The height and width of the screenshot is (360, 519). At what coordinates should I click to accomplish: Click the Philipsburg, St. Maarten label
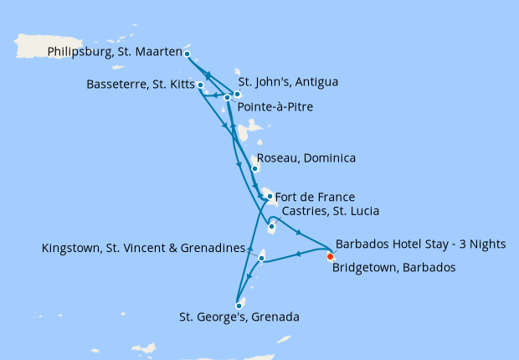(115, 52)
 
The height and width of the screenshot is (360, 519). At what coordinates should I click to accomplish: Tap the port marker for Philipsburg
(187, 54)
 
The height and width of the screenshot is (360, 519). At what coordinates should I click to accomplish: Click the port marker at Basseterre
(200, 85)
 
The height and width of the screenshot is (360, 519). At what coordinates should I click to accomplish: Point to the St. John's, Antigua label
(288, 82)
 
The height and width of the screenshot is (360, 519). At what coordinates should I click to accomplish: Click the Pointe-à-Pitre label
(275, 107)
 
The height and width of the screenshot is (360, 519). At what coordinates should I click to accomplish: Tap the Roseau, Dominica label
(306, 158)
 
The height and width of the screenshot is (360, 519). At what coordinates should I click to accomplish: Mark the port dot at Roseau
(254, 168)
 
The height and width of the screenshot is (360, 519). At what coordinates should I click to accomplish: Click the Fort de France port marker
(270, 196)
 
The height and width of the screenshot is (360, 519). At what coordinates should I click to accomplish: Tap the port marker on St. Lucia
(271, 227)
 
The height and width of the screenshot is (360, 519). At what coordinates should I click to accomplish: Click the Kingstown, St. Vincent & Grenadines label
(145, 248)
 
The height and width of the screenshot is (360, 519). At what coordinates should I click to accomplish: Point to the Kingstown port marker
(262, 259)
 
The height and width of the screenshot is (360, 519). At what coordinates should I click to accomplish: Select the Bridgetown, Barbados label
(393, 268)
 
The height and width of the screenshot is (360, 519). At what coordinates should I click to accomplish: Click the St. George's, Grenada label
(239, 317)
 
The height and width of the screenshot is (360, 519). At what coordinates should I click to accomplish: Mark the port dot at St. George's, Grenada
(239, 306)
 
